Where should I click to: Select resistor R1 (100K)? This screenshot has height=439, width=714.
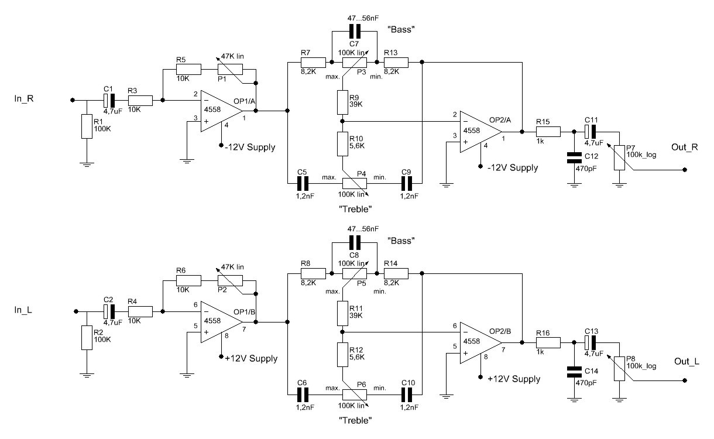(87, 126)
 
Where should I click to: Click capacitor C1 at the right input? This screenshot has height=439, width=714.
(108, 100)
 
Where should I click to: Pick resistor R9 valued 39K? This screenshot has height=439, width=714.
(342, 102)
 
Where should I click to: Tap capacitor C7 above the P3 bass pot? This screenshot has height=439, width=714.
(355, 30)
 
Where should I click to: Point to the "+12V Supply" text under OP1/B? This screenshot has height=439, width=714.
(251, 358)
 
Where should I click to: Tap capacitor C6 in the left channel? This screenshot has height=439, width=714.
(302, 394)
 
